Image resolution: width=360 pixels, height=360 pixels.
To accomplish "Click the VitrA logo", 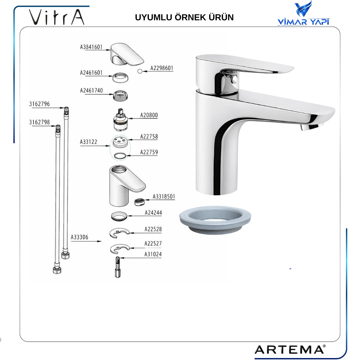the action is click(57, 17).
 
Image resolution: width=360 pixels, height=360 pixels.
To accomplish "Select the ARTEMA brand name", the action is click(290, 350).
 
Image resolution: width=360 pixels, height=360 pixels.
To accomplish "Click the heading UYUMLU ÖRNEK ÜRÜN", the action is click(184, 17).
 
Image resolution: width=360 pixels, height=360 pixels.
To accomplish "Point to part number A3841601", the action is click(91, 47).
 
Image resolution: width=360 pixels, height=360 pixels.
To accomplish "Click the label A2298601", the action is click(162, 68).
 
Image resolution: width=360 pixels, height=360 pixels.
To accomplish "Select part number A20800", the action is click(149, 115).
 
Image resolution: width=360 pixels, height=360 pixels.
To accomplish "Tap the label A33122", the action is click(89, 142).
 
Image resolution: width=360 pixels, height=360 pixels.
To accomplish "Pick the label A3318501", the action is click(164, 197).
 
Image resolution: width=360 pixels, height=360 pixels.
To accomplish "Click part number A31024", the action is click(153, 254).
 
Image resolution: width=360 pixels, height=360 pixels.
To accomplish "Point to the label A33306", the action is click(80, 237).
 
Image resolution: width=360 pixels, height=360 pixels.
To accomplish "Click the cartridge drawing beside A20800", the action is click(120, 119).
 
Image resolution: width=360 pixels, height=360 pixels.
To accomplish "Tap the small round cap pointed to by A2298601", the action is click(140, 71).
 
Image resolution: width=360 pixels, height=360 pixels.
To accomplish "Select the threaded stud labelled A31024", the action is click(118, 267).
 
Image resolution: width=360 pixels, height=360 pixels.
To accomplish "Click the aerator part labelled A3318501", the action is click(139, 202).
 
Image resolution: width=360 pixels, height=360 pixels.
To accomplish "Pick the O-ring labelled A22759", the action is click(120, 156).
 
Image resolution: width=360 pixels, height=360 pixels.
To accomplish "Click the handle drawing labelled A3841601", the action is click(127, 54).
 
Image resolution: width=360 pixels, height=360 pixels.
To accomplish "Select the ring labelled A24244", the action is click(119, 216).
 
